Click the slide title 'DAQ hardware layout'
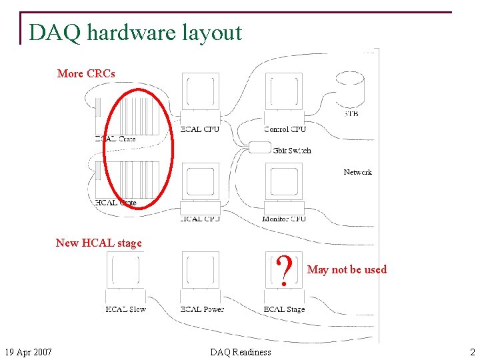click(x=135, y=32)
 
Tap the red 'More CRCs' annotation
click(x=86, y=73)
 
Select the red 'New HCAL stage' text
click(x=99, y=243)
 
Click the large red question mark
click(x=285, y=271)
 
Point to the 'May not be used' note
click(x=347, y=269)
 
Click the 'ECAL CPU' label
click(x=200, y=129)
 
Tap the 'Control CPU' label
click(x=285, y=129)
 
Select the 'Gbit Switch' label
click(x=292, y=151)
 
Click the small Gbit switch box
click(x=259, y=147)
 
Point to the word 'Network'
click(x=357, y=172)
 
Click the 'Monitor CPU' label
click(x=285, y=219)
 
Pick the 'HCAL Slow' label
click(x=125, y=309)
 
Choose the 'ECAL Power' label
click(x=202, y=309)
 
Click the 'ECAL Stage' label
click(x=284, y=309)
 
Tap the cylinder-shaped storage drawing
click(x=349, y=89)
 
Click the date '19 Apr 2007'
click(x=29, y=352)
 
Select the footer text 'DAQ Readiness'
click(x=241, y=352)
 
